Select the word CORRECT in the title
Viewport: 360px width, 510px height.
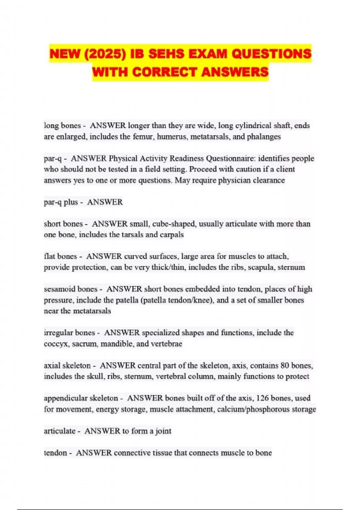point(165,72)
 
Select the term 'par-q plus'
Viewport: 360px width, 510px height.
point(61,202)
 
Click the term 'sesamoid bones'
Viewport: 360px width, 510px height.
point(70,289)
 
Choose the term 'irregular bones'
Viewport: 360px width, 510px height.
point(69,333)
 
